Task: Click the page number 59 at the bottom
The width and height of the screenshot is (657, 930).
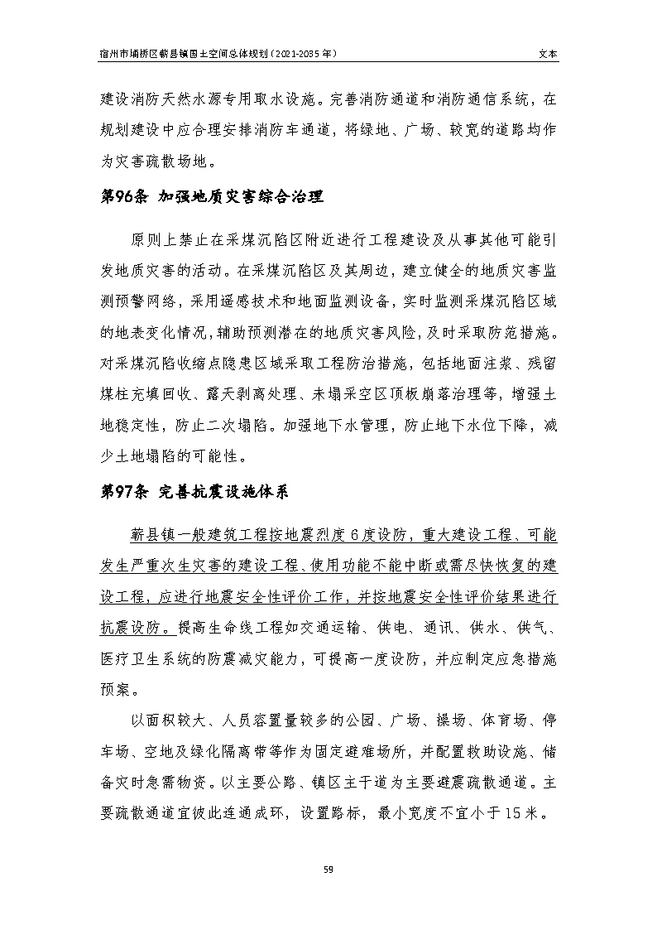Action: pos(328,869)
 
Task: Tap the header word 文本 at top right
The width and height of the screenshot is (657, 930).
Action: pos(548,52)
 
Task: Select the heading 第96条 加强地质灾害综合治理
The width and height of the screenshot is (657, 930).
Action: pos(211,197)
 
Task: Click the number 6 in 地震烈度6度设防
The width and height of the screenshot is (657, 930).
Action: pos(352,536)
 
